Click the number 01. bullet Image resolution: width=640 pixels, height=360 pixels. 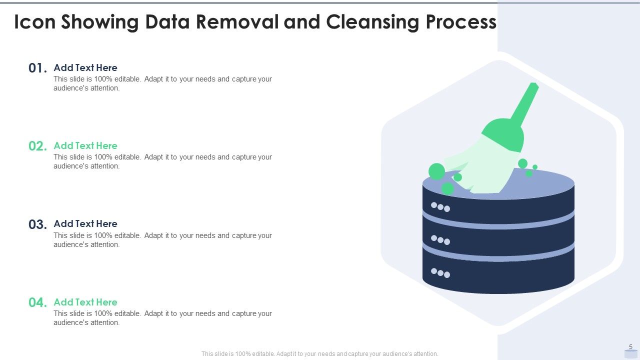tap(38, 68)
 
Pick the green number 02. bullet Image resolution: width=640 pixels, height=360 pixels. tap(38, 146)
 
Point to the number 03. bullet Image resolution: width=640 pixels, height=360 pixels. tap(38, 225)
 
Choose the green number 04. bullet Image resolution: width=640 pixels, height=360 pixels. tap(38, 303)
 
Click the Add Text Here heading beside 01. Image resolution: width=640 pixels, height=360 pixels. tap(85, 67)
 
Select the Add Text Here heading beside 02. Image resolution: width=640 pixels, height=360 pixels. tap(85, 145)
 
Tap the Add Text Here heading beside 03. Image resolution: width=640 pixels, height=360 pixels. tap(85, 223)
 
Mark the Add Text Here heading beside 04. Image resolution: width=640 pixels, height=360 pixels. tap(85, 302)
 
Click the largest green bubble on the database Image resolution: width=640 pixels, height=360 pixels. tap(436, 171)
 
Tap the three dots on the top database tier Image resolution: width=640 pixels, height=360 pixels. tap(440, 206)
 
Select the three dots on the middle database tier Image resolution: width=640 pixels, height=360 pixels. tap(440, 240)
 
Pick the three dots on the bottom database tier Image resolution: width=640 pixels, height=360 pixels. tap(440, 273)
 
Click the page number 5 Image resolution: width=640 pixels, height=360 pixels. tap(630, 347)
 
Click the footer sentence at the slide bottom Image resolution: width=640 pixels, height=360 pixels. tap(320, 353)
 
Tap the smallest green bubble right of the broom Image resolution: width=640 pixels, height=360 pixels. tap(535, 167)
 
